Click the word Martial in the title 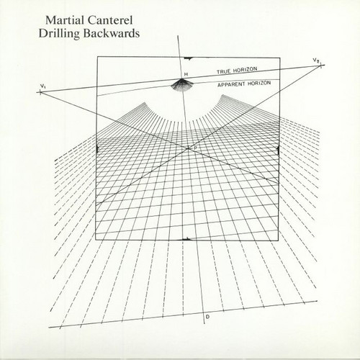pyautogui.click(x=65, y=20)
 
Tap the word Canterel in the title pyautogui.click(x=110, y=20)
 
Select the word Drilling pyautogui.click(x=59, y=33)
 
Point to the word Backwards pyautogui.click(x=112, y=33)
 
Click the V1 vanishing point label pyautogui.click(x=42, y=86)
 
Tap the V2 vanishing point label pyautogui.click(x=316, y=60)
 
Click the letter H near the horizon pyautogui.click(x=186, y=74)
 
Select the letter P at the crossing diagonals pyautogui.click(x=196, y=148)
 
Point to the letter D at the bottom pyautogui.click(x=208, y=317)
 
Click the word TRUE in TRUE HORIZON pyautogui.click(x=224, y=71)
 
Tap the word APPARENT pyautogui.click(x=231, y=84)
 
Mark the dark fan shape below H pyautogui.click(x=181, y=85)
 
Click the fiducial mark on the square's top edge pyautogui.click(x=188, y=58)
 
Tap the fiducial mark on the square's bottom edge pyautogui.click(x=186, y=239)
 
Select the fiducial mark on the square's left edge pyautogui.click(x=96, y=149)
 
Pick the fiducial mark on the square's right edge pyautogui.click(x=278, y=150)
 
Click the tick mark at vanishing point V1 pyautogui.click(x=40, y=92)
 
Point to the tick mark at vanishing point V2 pyautogui.click(x=321, y=65)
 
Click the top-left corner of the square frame pyautogui.click(x=97, y=57)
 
